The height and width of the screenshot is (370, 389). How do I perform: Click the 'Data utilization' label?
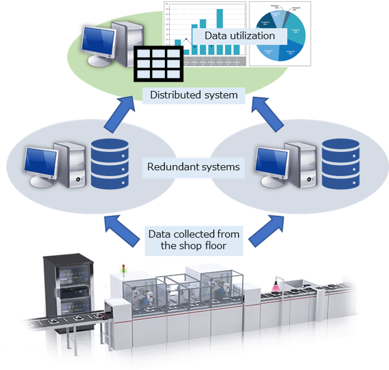239,36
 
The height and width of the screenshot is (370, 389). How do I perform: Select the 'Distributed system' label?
194,95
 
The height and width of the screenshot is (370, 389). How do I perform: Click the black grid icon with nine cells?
157,64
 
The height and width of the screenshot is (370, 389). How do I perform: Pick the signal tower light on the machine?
123,269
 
